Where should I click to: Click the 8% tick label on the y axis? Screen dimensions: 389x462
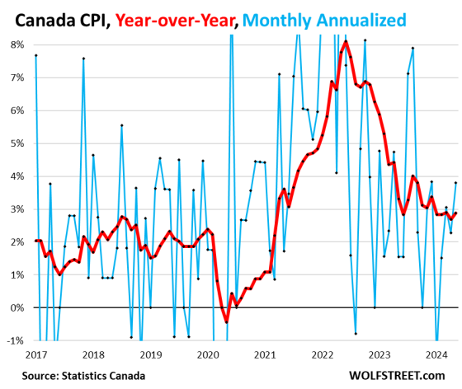pyautogui.click(x=16, y=44)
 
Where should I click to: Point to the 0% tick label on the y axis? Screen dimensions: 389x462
pyautogui.click(x=16, y=307)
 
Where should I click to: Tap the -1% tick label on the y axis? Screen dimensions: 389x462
pyautogui.click(x=16, y=340)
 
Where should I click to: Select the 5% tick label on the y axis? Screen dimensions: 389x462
pyautogui.click(x=16, y=143)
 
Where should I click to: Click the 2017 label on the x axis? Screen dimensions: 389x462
pyautogui.click(x=36, y=354)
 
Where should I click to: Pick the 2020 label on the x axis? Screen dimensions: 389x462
pyautogui.click(x=207, y=354)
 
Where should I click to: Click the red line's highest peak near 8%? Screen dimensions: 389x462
pyautogui.click(x=346, y=41)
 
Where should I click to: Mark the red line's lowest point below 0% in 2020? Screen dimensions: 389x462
pyautogui.click(x=226, y=322)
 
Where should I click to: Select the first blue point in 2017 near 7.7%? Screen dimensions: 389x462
pyautogui.click(x=36, y=55)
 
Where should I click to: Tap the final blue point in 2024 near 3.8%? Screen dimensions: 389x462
pyautogui.click(x=455, y=183)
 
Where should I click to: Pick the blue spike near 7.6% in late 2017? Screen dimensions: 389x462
pyautogui.click(x=83, y=59)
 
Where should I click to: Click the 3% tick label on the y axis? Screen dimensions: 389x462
pyautogui.click(x=16, y=209)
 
